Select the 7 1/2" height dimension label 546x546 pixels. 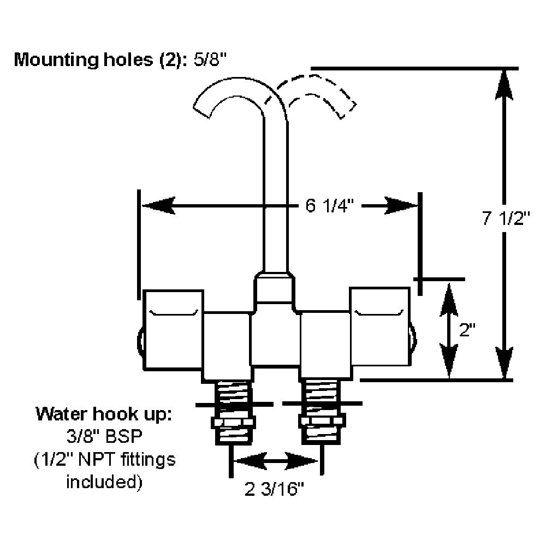(507, 218)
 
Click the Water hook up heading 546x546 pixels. (104, 413)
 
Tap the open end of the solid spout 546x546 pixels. (203, 109)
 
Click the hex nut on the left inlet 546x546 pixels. (234, 422)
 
